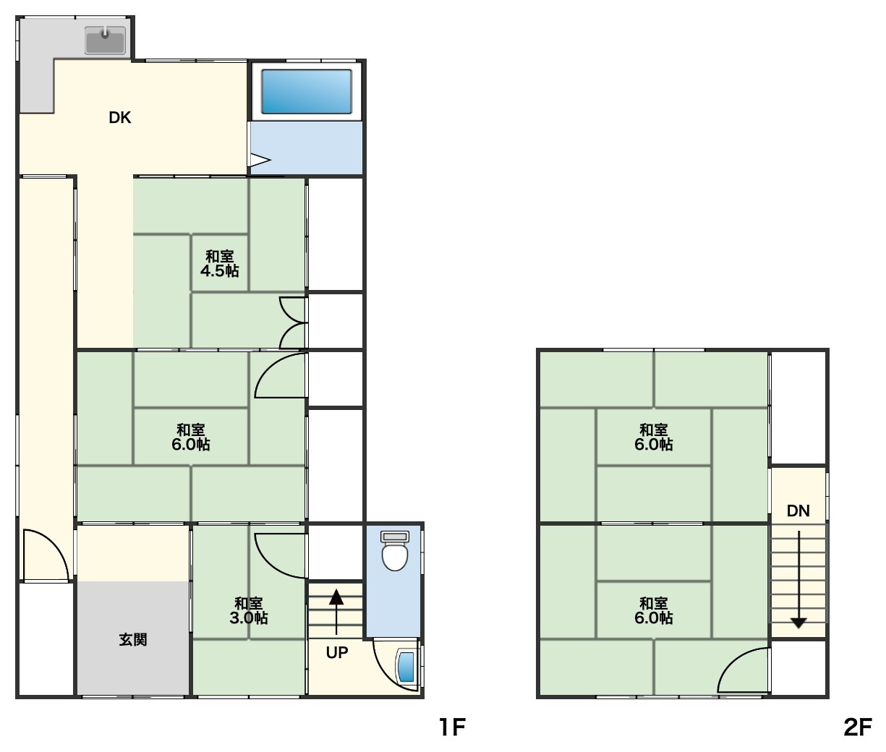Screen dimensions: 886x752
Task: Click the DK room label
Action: tap(119, 117)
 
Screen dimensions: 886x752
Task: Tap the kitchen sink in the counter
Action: tap(105, 40)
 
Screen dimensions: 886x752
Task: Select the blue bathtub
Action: tap(307, 92)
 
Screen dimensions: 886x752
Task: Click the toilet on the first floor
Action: tap(395, 550)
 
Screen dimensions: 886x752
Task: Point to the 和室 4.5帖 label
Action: tap(219, 264)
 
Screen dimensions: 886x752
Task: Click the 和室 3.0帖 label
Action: tap(249, 610)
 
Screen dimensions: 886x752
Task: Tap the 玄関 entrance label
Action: tap(133, 640)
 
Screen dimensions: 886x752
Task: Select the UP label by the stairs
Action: tap(337, 652)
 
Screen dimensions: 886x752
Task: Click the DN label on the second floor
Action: tap(798, 510)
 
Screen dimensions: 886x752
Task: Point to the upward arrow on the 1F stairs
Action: tap(336, 612)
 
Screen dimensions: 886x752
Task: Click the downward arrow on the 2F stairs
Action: tap(798, 579)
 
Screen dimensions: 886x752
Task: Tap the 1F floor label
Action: tap(452, 727)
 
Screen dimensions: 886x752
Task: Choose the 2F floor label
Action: tap(858, 727)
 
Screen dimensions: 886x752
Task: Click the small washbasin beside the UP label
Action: tap(406, 667)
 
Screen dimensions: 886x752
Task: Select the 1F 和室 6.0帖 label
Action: tap(191, 437)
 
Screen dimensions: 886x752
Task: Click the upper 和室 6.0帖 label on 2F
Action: tap(654, 437)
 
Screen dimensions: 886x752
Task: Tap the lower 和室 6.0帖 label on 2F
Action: tap(654, 610)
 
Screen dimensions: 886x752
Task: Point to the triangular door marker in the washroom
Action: tap(260, 161)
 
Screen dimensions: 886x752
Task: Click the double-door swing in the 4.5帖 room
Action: tap(294, 322)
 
